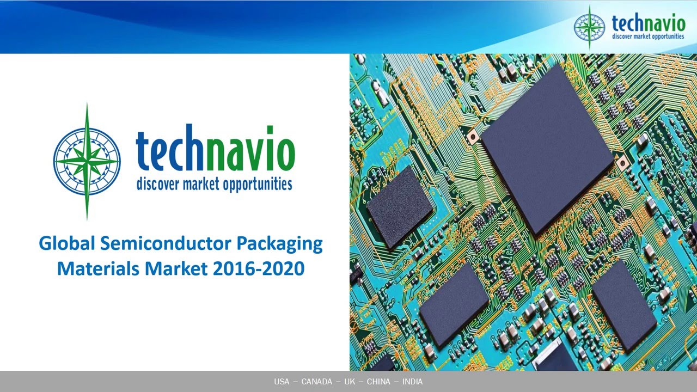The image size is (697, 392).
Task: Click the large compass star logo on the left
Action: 87,162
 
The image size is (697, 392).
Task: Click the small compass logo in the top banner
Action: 589,27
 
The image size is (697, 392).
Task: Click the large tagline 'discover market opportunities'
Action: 214,184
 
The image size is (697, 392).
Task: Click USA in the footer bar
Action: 282,382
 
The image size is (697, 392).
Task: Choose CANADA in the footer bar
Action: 316,382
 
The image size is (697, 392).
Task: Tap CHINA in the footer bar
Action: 378,382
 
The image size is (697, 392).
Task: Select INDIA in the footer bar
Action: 412,382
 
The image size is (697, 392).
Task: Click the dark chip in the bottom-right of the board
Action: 623,312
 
